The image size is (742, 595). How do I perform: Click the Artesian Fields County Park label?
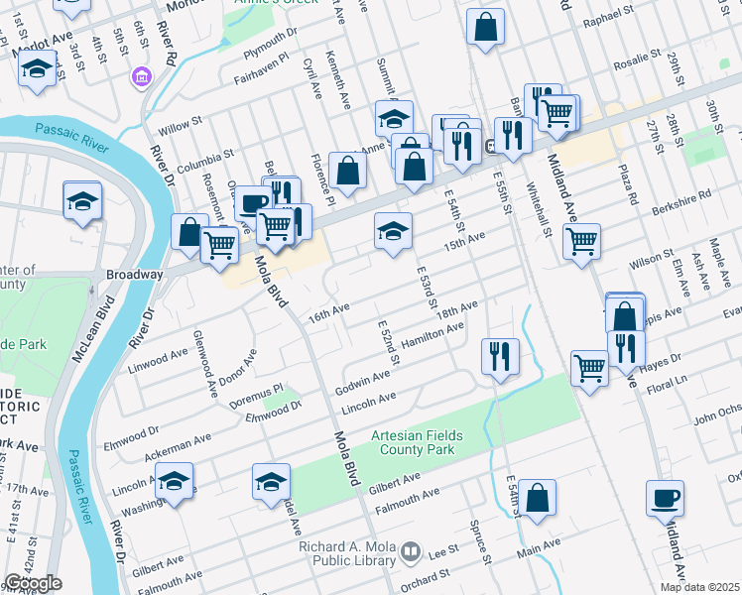414,442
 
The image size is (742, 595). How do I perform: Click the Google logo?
33,583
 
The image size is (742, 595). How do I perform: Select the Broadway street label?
134,274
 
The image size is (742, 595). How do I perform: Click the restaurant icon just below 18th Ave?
500,355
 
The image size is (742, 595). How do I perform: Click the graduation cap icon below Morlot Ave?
37,68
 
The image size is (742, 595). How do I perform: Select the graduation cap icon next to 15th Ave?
393,231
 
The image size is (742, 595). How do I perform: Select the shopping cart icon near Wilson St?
581,241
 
